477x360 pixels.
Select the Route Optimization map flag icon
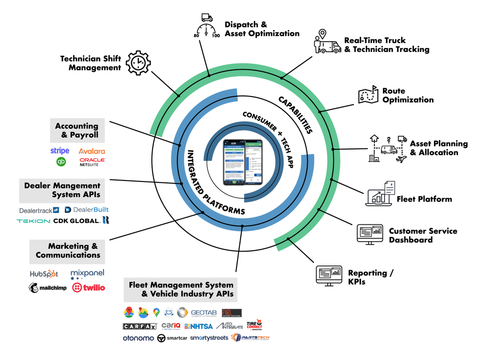coord(369,95)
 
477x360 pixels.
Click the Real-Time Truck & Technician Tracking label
coord(386,45)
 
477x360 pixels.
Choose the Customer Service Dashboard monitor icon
coord(370,234)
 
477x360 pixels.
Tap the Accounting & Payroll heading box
coord(77,130)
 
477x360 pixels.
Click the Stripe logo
coord(60,151)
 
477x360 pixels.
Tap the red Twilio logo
coord(88,287)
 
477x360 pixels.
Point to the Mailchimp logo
coord(47,288)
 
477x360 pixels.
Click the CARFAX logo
coord(140,327)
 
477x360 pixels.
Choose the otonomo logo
coord(138,338)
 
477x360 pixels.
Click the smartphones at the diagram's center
coord(243,162)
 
